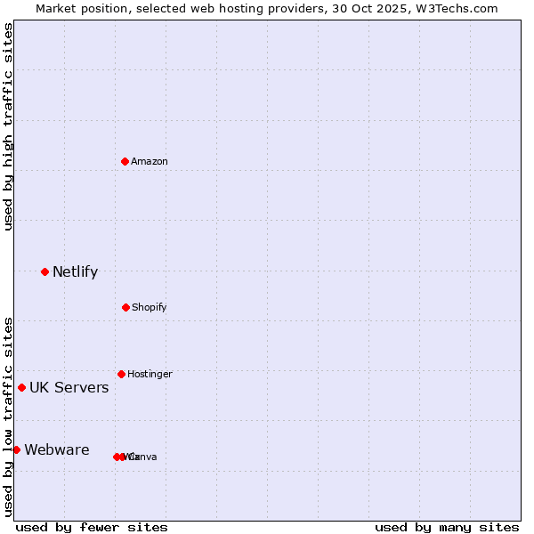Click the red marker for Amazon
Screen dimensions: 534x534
pos(125,161)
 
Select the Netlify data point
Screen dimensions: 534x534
pos(44,271)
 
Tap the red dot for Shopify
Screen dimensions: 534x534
pos(125,307)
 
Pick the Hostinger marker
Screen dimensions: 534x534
pos(121,374)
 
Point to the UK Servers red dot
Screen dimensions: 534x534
pos(21,387)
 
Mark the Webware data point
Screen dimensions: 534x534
pos(16,449)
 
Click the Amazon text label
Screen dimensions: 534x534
pos(150,161)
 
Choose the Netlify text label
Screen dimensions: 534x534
pos(75,271)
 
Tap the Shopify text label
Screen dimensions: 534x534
pos(150,307)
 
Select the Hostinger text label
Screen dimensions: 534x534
pos(150,374)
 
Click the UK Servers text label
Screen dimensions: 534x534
pos(69,387)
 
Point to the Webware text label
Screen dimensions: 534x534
pos(56,449)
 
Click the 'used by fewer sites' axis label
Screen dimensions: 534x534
pos(92,527)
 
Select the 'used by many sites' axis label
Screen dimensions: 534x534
pos(447,527)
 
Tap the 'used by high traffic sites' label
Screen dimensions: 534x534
pos(8,125)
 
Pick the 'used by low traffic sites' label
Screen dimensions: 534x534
pos(8,416)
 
